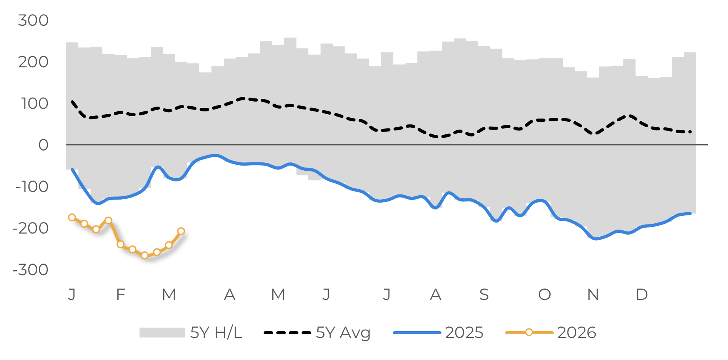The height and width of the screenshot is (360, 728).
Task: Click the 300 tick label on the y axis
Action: [33, 21]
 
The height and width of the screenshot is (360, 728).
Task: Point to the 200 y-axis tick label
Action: [33, 62]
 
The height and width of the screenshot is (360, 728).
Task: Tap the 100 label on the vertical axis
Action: [34, 104]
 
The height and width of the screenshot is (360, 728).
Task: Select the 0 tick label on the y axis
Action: [43, 145]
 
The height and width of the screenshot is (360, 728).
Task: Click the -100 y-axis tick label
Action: [32, 187]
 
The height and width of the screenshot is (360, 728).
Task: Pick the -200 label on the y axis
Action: [31, 228]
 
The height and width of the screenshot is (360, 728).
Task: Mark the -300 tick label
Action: [31, 270]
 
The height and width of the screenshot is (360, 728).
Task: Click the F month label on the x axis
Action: [121, 294]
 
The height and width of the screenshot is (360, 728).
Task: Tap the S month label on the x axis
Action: [484, 294]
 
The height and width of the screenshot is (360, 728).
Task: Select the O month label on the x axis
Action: [544, 294]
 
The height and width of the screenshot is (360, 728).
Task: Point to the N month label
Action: [593, 294]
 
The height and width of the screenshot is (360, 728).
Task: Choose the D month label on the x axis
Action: [641, 294]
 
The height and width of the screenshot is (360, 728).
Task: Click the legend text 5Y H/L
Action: [216, 333]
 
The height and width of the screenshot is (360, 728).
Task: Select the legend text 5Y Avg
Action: [343, 333]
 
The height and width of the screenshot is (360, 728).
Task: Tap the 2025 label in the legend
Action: [464, 333]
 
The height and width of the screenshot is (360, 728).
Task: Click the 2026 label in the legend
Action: [576, 333]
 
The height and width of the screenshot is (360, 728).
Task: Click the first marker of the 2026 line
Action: [72, 217]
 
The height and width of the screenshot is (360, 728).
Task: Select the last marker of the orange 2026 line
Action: [181, 231]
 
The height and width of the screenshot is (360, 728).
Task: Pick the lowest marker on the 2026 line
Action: [145, 255]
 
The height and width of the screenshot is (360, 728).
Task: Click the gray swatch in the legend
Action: [162, 333]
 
